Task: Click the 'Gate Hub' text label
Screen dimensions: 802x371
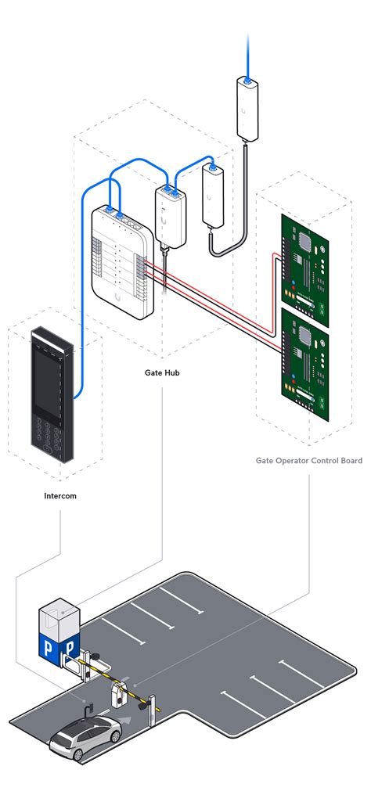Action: (x=162, y=373)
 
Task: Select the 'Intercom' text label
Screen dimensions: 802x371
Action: (x=60, y=495)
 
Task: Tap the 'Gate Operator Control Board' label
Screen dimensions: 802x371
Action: (x=308, y=461)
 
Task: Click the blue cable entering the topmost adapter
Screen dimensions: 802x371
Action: (x=247, y=55)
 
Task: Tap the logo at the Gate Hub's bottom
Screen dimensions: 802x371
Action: (x=117, y=297)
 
